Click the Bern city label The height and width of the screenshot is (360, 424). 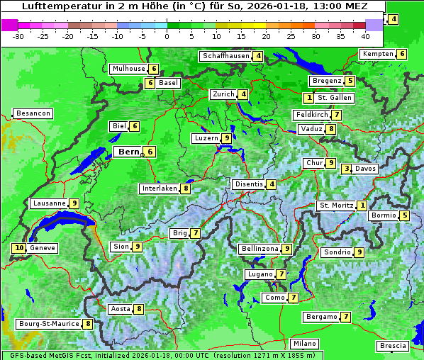[128, 152]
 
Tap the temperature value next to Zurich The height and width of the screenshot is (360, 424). [243, 94]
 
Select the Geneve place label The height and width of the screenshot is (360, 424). [43, 248]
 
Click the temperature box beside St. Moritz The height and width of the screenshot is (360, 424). [362, 206]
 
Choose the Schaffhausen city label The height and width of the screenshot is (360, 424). [225, 56]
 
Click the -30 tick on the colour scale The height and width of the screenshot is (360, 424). [18, 36]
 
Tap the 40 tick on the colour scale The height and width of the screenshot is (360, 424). [365, 36]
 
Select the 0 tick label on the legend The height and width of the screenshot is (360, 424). [167, 36]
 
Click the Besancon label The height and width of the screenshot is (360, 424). [33, 113]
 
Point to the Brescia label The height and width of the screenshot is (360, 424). [393, 345]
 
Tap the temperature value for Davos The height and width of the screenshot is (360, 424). [347, 169]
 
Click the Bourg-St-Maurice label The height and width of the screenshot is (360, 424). [48, 324]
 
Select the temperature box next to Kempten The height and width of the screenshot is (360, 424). [401, 54]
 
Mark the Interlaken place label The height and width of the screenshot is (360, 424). [160, 189]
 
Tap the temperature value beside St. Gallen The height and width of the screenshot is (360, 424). [308, 97]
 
